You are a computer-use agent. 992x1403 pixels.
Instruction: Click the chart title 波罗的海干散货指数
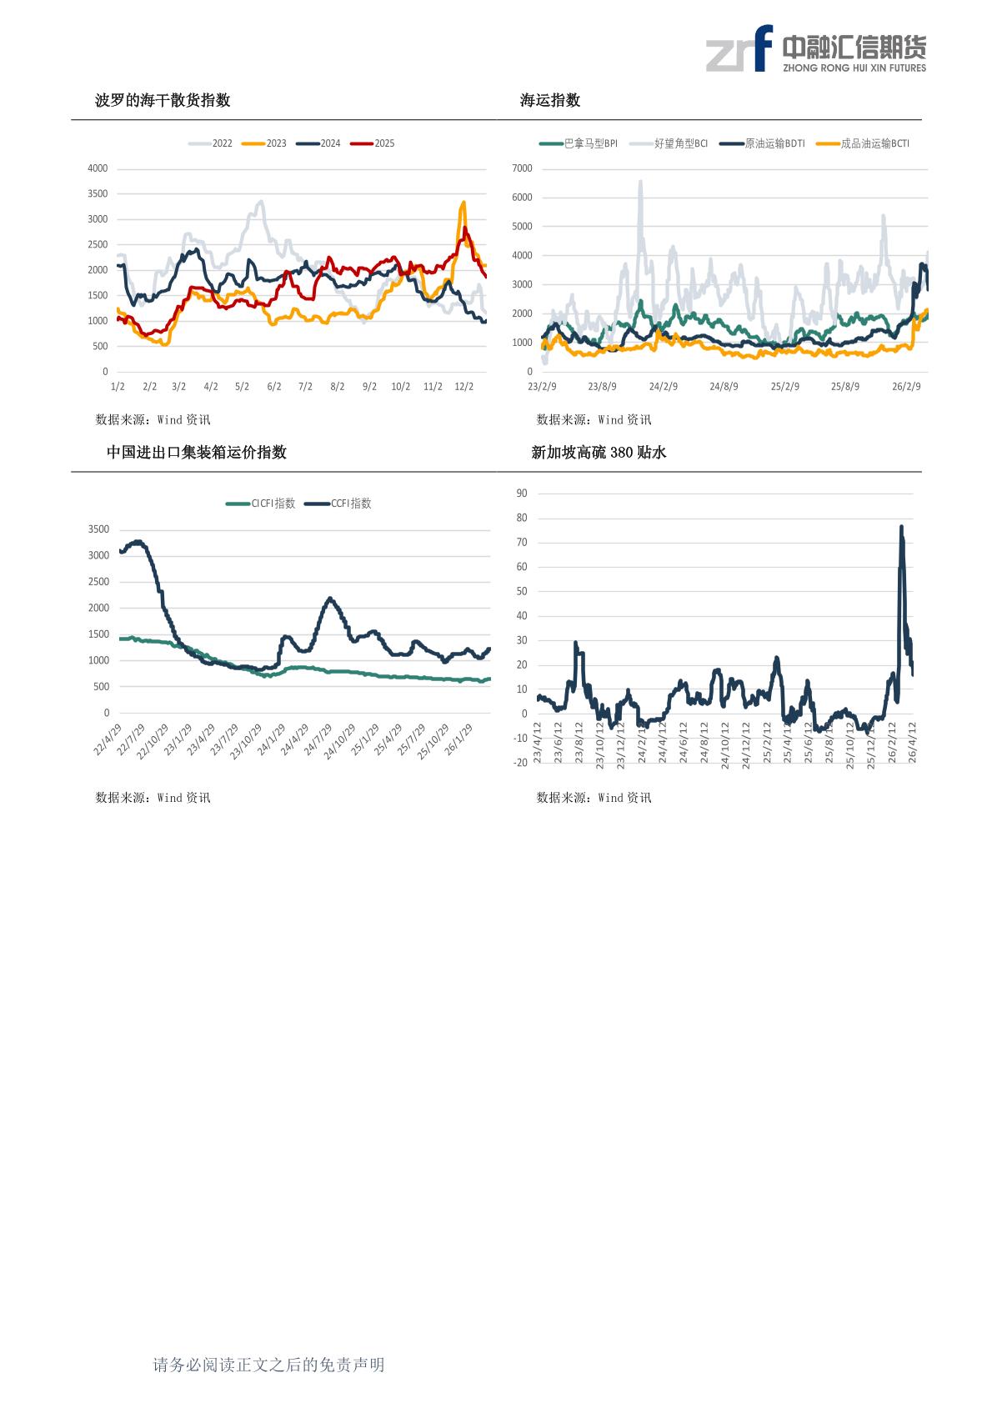[163, 101]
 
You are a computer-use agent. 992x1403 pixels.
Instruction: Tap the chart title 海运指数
[550, 101]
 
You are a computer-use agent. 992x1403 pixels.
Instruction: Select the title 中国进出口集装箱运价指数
[197, 453]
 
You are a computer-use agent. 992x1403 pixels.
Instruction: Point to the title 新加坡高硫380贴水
[599, 453]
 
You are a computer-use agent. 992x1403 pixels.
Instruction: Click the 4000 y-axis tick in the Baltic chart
[98, 168]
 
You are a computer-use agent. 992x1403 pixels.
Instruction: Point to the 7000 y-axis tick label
[522, 168]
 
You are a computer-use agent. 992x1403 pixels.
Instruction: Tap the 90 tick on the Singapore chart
[522, 494]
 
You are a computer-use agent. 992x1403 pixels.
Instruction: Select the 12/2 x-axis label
[464, 387]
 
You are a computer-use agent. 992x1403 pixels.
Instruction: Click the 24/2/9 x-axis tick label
[663, 387]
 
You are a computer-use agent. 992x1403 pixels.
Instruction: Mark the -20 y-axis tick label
[520, 763]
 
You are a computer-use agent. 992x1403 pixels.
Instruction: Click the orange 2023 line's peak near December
[463, 202]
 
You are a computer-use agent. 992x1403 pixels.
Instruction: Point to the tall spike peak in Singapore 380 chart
[901, 527]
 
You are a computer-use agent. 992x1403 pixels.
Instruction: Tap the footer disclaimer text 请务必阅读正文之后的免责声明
[268, 1365]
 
